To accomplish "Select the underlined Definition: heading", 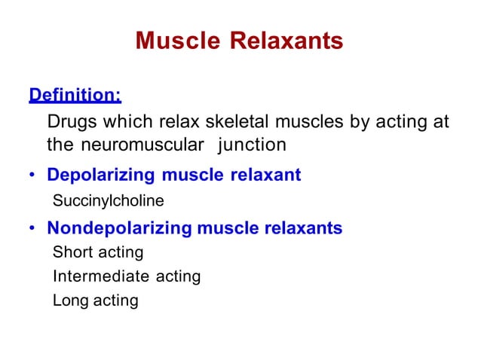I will pos(75,96).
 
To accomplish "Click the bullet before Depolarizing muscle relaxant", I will pos(32,176).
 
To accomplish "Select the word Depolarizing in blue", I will pos(99,175).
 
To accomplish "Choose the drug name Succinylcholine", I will pos(108,202).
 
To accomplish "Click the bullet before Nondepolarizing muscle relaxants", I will pos(32,228).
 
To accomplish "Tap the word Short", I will pos(72,252).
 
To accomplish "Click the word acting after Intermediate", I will pos(178,276).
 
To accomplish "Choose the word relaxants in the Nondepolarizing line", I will pos(303,227).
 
